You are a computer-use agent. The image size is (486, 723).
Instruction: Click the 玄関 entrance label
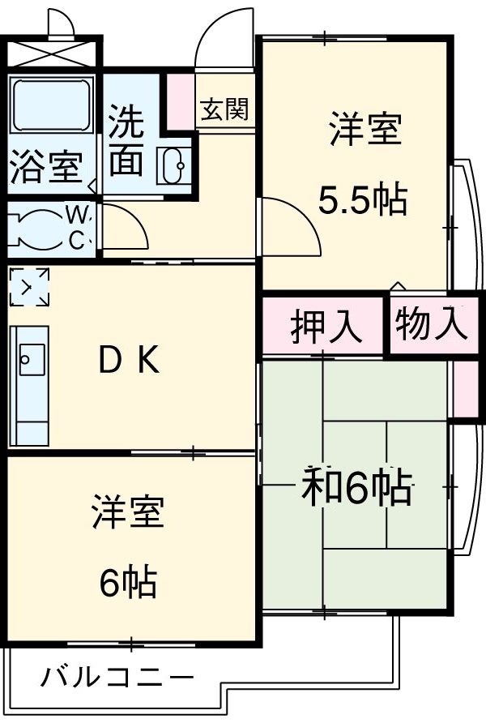click(224, 109)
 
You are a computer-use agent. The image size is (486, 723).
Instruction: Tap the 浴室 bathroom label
click(46, 169)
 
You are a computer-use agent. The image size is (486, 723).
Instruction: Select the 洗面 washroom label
click(126, 141)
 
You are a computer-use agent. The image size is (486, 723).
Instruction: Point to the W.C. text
click(78, 228)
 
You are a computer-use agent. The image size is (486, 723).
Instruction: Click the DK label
click(130, 361)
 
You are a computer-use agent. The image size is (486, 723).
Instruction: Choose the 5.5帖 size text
click(361, 200)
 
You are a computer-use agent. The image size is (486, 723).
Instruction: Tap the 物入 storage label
click(431, 325)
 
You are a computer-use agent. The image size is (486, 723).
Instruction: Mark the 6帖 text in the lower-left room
click(129, 582)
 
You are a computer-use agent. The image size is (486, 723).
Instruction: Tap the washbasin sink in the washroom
click(174, 166)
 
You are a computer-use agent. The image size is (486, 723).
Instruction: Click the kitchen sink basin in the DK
click(31, 357)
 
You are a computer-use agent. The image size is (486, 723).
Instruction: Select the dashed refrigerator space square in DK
click(29, 288)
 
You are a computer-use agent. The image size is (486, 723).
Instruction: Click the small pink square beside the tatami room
click(464, 389)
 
